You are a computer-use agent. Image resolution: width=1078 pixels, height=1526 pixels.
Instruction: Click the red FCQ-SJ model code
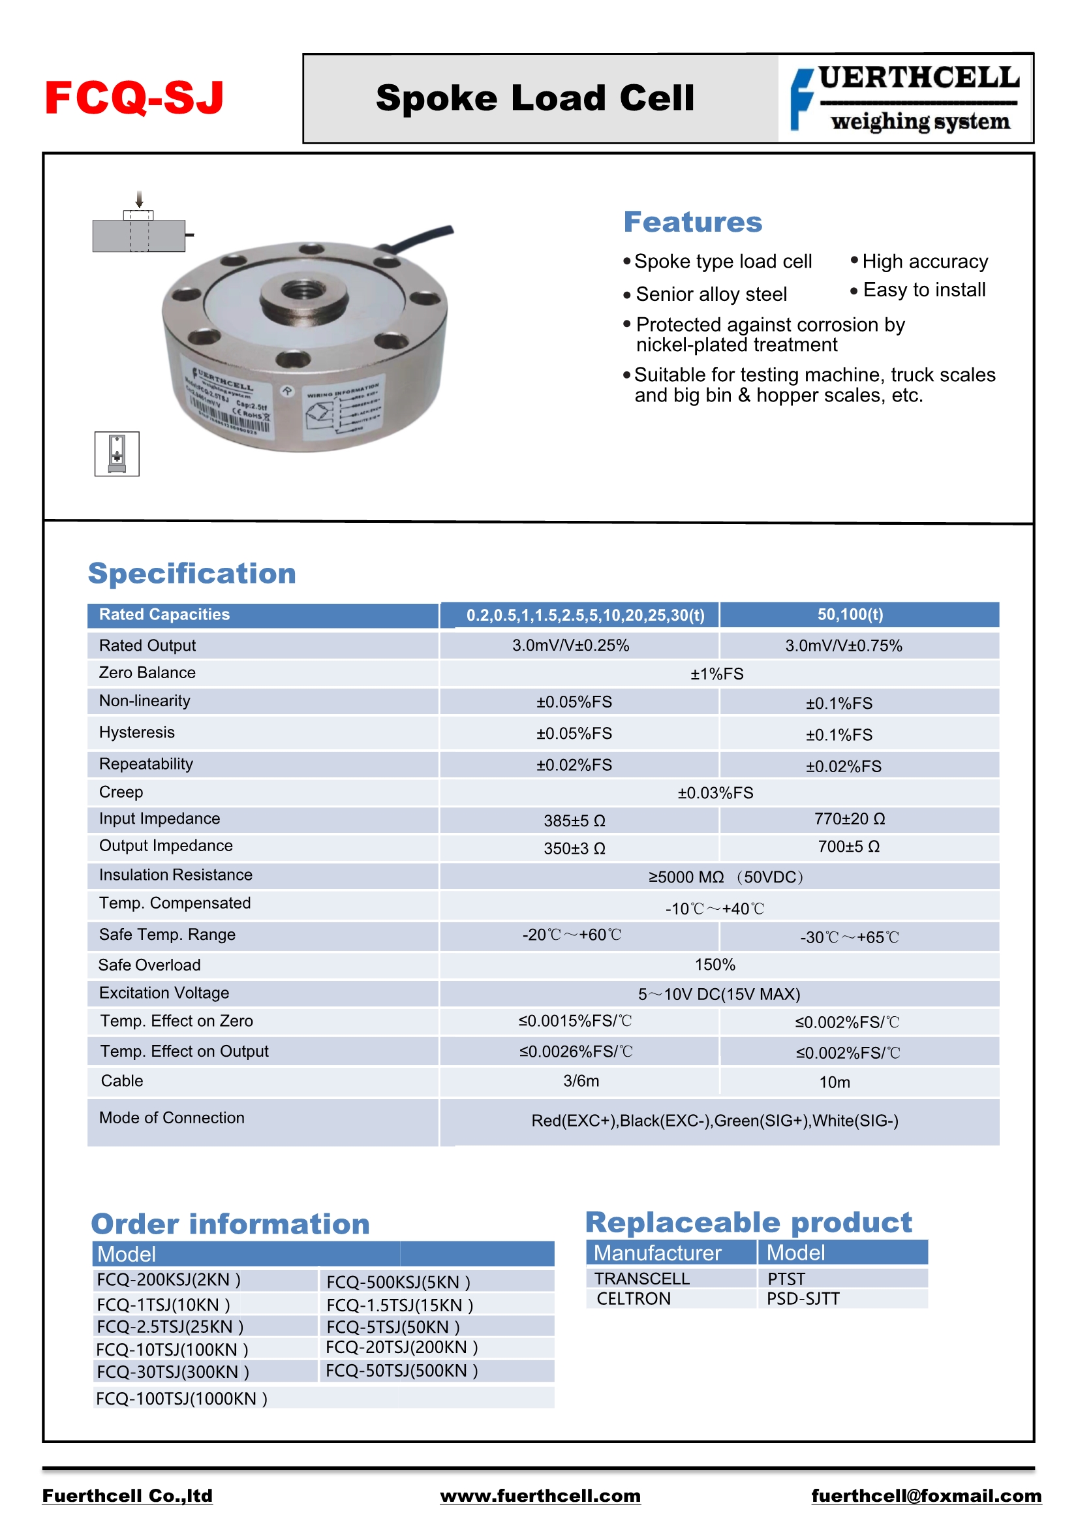(x=134, y=98)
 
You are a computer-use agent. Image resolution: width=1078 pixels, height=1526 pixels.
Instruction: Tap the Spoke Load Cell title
(x=534, y=99)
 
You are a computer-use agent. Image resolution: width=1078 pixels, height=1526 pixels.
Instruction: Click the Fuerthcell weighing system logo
(x=905, y=99)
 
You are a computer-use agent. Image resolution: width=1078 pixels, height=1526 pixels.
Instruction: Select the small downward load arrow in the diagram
(x=139, y=199)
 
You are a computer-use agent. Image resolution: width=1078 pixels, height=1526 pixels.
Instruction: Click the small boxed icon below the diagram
(x=117, y=453)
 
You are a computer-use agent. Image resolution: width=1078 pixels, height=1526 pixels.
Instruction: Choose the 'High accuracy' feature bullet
(x=925, y=262)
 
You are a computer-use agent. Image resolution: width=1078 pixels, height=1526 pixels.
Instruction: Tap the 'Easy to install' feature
(x=924, y=290)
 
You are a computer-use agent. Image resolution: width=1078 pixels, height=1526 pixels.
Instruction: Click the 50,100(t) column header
(x=850, y=615)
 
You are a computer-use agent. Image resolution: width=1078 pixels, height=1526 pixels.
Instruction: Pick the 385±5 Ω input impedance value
(x=574, y=821)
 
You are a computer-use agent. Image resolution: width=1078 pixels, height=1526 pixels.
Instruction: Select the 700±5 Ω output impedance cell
(x=849, y=847)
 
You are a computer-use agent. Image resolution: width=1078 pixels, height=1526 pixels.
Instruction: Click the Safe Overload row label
(x=149, y=965)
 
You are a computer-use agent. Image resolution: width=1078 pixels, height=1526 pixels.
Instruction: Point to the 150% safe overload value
(x=715, y=965)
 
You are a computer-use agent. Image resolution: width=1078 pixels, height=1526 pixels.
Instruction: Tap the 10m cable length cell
(x=835, y=1082)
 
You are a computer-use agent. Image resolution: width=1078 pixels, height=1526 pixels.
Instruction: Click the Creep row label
(x=121, y=792)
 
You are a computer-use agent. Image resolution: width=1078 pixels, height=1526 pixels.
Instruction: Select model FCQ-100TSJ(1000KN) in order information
(x=181, y=1398)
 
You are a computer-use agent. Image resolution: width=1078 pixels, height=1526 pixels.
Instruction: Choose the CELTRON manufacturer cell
(x=634, y=1299)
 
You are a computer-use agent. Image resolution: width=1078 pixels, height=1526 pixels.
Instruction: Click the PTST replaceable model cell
(x=786, y=1279)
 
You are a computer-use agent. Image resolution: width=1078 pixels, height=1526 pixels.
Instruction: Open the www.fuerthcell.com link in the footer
(x=540, y=1495)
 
